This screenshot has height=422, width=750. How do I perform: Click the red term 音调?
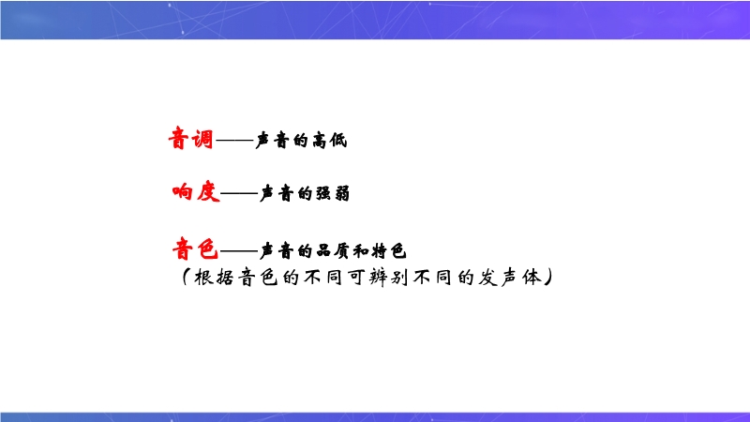pyautogui.click(x=191, y=139)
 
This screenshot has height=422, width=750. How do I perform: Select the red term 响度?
pyautogui.click(x=196, y=192)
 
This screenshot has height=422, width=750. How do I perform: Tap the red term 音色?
pyautogui.click(x=196, y=249)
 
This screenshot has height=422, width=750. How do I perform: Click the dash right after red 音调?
pyautogui.click(x=234, y=140)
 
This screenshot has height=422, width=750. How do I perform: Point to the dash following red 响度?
pyautogui.click(x=239, y=194)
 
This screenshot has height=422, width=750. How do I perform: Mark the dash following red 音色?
pyautogui.click(x=239, y=250)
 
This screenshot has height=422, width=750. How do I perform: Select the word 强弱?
pyautogui.click(x=334, y=194)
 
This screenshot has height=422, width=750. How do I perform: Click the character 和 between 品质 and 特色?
pyautogui.click(x=361, y=250)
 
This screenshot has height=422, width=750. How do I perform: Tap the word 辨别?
pyautogui.click(x=389, y=278)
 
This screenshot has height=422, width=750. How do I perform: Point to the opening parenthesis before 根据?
pyautogui.click(x=187, y=278)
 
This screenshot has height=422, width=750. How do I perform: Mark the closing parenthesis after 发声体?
pyautogui.click(x=548, y=278)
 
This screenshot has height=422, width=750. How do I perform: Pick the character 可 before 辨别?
pyautogui.click(x=356, y=278)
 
